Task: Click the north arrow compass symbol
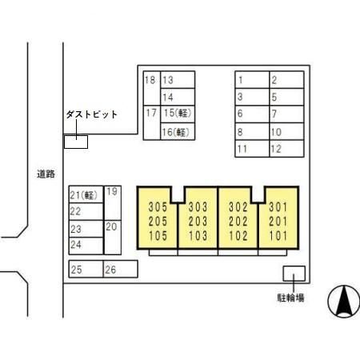(344, 302)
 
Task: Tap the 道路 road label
(46, 174)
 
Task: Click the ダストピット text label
(91, 114)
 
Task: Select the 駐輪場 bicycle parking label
(290, 298)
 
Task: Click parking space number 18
(152, 88)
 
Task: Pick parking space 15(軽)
(178, 114)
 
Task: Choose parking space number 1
(252, 79)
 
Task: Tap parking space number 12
(286, 149)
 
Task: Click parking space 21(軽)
(86, 194)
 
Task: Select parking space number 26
(121, 269)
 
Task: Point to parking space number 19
(113, 203)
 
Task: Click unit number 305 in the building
(158, 207)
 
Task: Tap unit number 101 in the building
(278, 236)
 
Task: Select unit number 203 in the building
(198, 222)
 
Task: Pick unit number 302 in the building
(238, 207)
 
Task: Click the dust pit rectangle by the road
(76, 142)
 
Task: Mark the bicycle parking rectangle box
(294, 274)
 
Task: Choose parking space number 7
(286, 114)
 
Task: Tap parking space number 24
(86, 246)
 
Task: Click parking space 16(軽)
(178, 131)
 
